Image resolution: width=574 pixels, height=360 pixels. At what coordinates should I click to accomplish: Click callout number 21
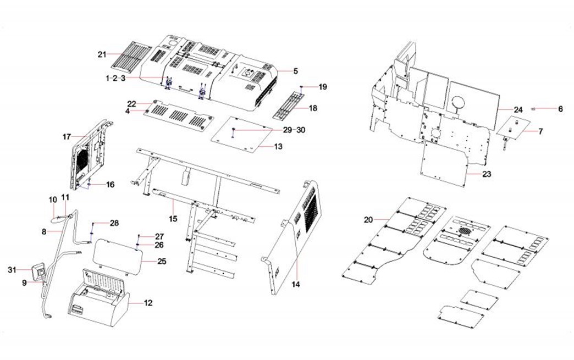101,54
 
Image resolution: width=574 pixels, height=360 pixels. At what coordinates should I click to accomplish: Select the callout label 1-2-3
115,79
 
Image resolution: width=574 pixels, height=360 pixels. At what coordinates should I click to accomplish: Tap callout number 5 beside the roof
295,71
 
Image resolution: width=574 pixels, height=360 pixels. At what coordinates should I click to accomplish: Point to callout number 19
323,87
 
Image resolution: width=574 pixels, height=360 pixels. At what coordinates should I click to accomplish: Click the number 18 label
313,108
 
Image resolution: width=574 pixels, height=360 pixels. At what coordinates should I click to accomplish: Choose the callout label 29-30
294,130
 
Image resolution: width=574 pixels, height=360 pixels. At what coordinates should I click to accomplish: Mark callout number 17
67,136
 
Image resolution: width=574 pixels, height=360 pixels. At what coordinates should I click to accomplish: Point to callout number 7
540,131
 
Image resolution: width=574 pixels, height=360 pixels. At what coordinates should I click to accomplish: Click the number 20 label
368,220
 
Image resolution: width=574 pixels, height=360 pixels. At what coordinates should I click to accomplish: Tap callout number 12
148,303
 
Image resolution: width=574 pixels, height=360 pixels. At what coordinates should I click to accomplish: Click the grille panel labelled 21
131,53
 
